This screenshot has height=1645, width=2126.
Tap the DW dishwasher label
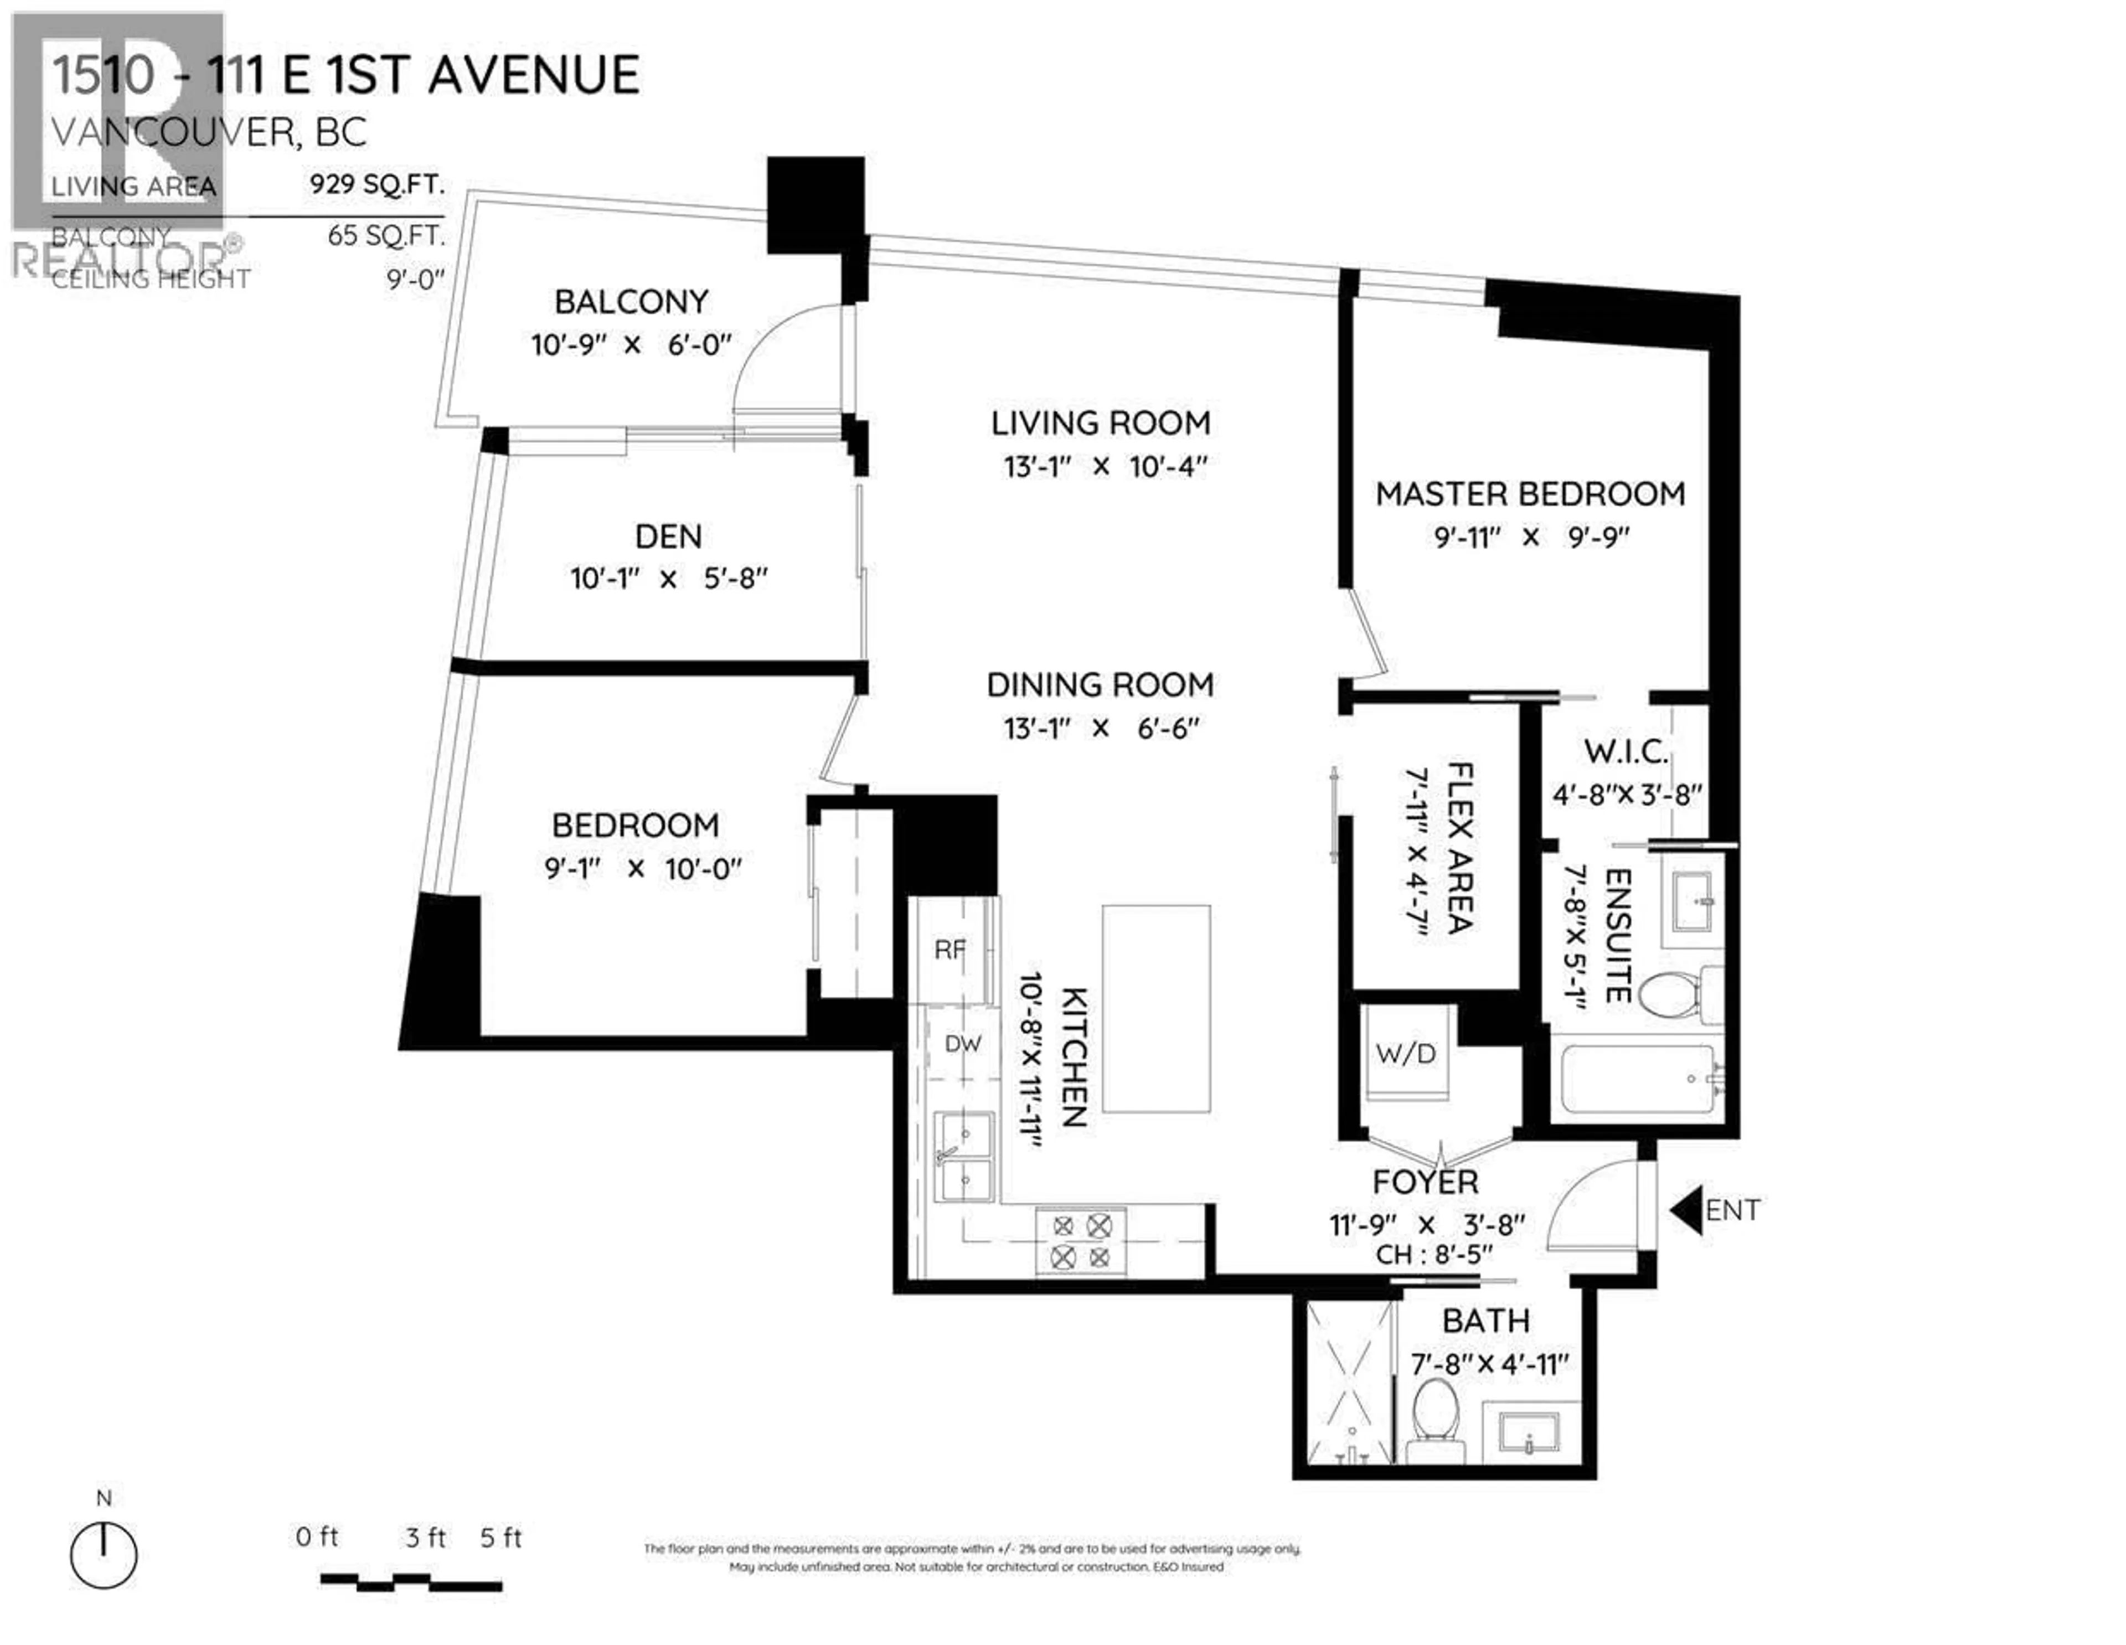pyautogui.click(x=963, y=1044)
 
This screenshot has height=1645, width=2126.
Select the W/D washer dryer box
pyautogui.click(x=1406, y=1053)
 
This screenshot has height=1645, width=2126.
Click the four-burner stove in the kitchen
pyautogui.click(x=1081, y=1241)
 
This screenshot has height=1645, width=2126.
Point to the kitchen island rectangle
pyautogui.click(x=1157, y=1008)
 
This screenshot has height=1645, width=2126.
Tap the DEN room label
pyautogui.click(x=668, y=537)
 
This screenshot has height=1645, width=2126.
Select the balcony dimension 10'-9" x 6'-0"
pyautogui.click(x=631, y=344)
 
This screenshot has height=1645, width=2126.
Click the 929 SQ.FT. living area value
pyautogui.click(x=376, y=184)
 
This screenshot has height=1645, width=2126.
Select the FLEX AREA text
pyautogui.click(x=1460, y=847)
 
